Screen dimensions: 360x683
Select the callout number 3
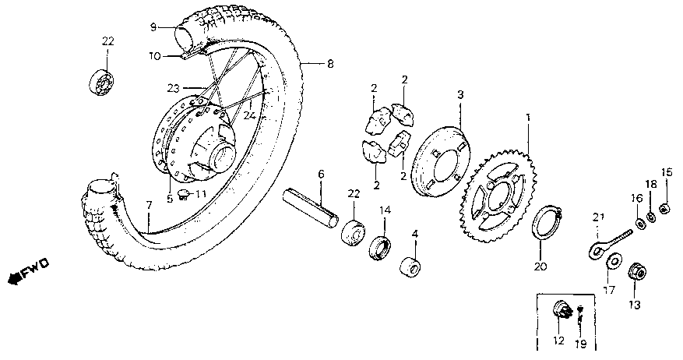pyautogui.click(x=460, y=94)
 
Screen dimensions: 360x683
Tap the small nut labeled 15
pyautogui.click(x=664, y=207)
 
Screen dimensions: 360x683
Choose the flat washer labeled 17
pyautogui.click(x=612, y=261)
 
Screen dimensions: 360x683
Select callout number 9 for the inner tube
pyautogui.click(x=153, y=27)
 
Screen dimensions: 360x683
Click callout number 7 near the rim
pyautogui.click(x=148, y=204)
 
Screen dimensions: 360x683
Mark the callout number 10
pyautogui.click(x=153, y=55)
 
